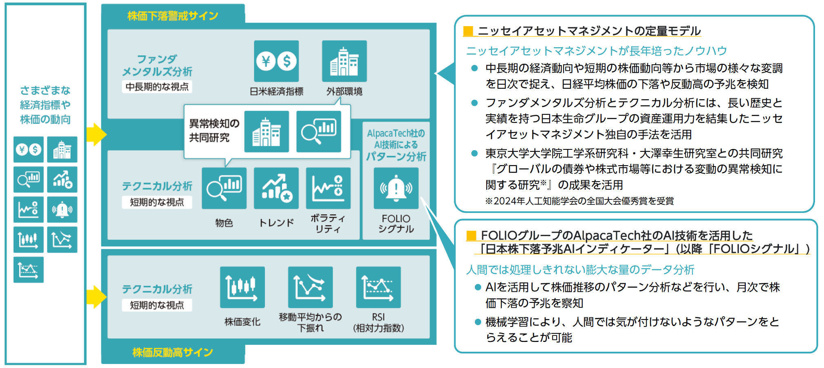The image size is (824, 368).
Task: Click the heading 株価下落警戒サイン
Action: (173, 16)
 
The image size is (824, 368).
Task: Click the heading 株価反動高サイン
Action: (173, 352)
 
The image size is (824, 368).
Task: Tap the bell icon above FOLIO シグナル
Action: (396, 188)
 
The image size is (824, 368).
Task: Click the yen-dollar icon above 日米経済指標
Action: (276, 61)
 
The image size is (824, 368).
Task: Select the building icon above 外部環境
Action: (344, 61)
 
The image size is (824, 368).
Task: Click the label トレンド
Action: (276, 223)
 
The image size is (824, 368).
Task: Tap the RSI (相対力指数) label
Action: (378, 322)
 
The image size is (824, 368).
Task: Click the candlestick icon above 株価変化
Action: (242, 287)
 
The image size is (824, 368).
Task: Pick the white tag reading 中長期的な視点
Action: (157, 87)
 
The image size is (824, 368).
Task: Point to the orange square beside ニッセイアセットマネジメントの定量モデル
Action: (468, 31)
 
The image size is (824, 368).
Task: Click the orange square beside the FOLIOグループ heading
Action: (471, 235)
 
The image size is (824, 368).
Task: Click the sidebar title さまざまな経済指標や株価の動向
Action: (45, 105)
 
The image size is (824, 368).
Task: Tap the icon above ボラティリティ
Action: (328, 188)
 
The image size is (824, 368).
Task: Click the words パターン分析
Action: (396, 156)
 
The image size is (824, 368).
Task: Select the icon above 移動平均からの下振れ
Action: (311, 287)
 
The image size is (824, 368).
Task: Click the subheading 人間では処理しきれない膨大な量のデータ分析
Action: (580, 269)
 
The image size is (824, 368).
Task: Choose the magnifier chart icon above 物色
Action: (224, 188)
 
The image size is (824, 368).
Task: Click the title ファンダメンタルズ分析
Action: (157, 65)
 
